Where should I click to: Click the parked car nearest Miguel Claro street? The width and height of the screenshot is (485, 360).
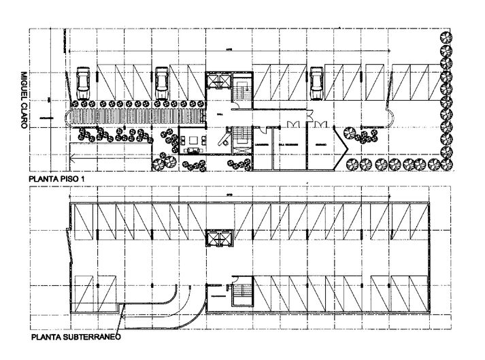click(83, 82)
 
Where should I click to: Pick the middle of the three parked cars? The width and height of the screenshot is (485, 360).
click(162, 82)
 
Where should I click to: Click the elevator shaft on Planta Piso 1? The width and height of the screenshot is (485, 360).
click(218, 80)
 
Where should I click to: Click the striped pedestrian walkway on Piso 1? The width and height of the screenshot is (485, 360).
click(136, 116)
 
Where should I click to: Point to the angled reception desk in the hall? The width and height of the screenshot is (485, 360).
click(223, 139)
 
